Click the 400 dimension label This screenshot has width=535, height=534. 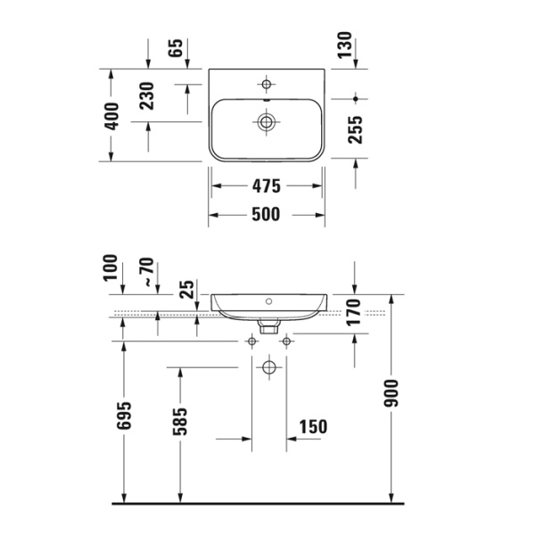(111, 116)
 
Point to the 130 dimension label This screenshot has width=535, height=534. (345, 45)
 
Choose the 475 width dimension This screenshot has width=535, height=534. (266, 186)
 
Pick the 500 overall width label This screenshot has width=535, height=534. (266, 214)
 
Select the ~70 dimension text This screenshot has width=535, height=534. (147, 273)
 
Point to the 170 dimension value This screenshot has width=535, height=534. (353, 314)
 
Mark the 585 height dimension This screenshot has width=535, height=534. (181, 423)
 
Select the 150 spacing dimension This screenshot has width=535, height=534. (311, 426)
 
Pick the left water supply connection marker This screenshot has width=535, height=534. (251, 341)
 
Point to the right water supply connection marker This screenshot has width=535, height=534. (286, 341)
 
